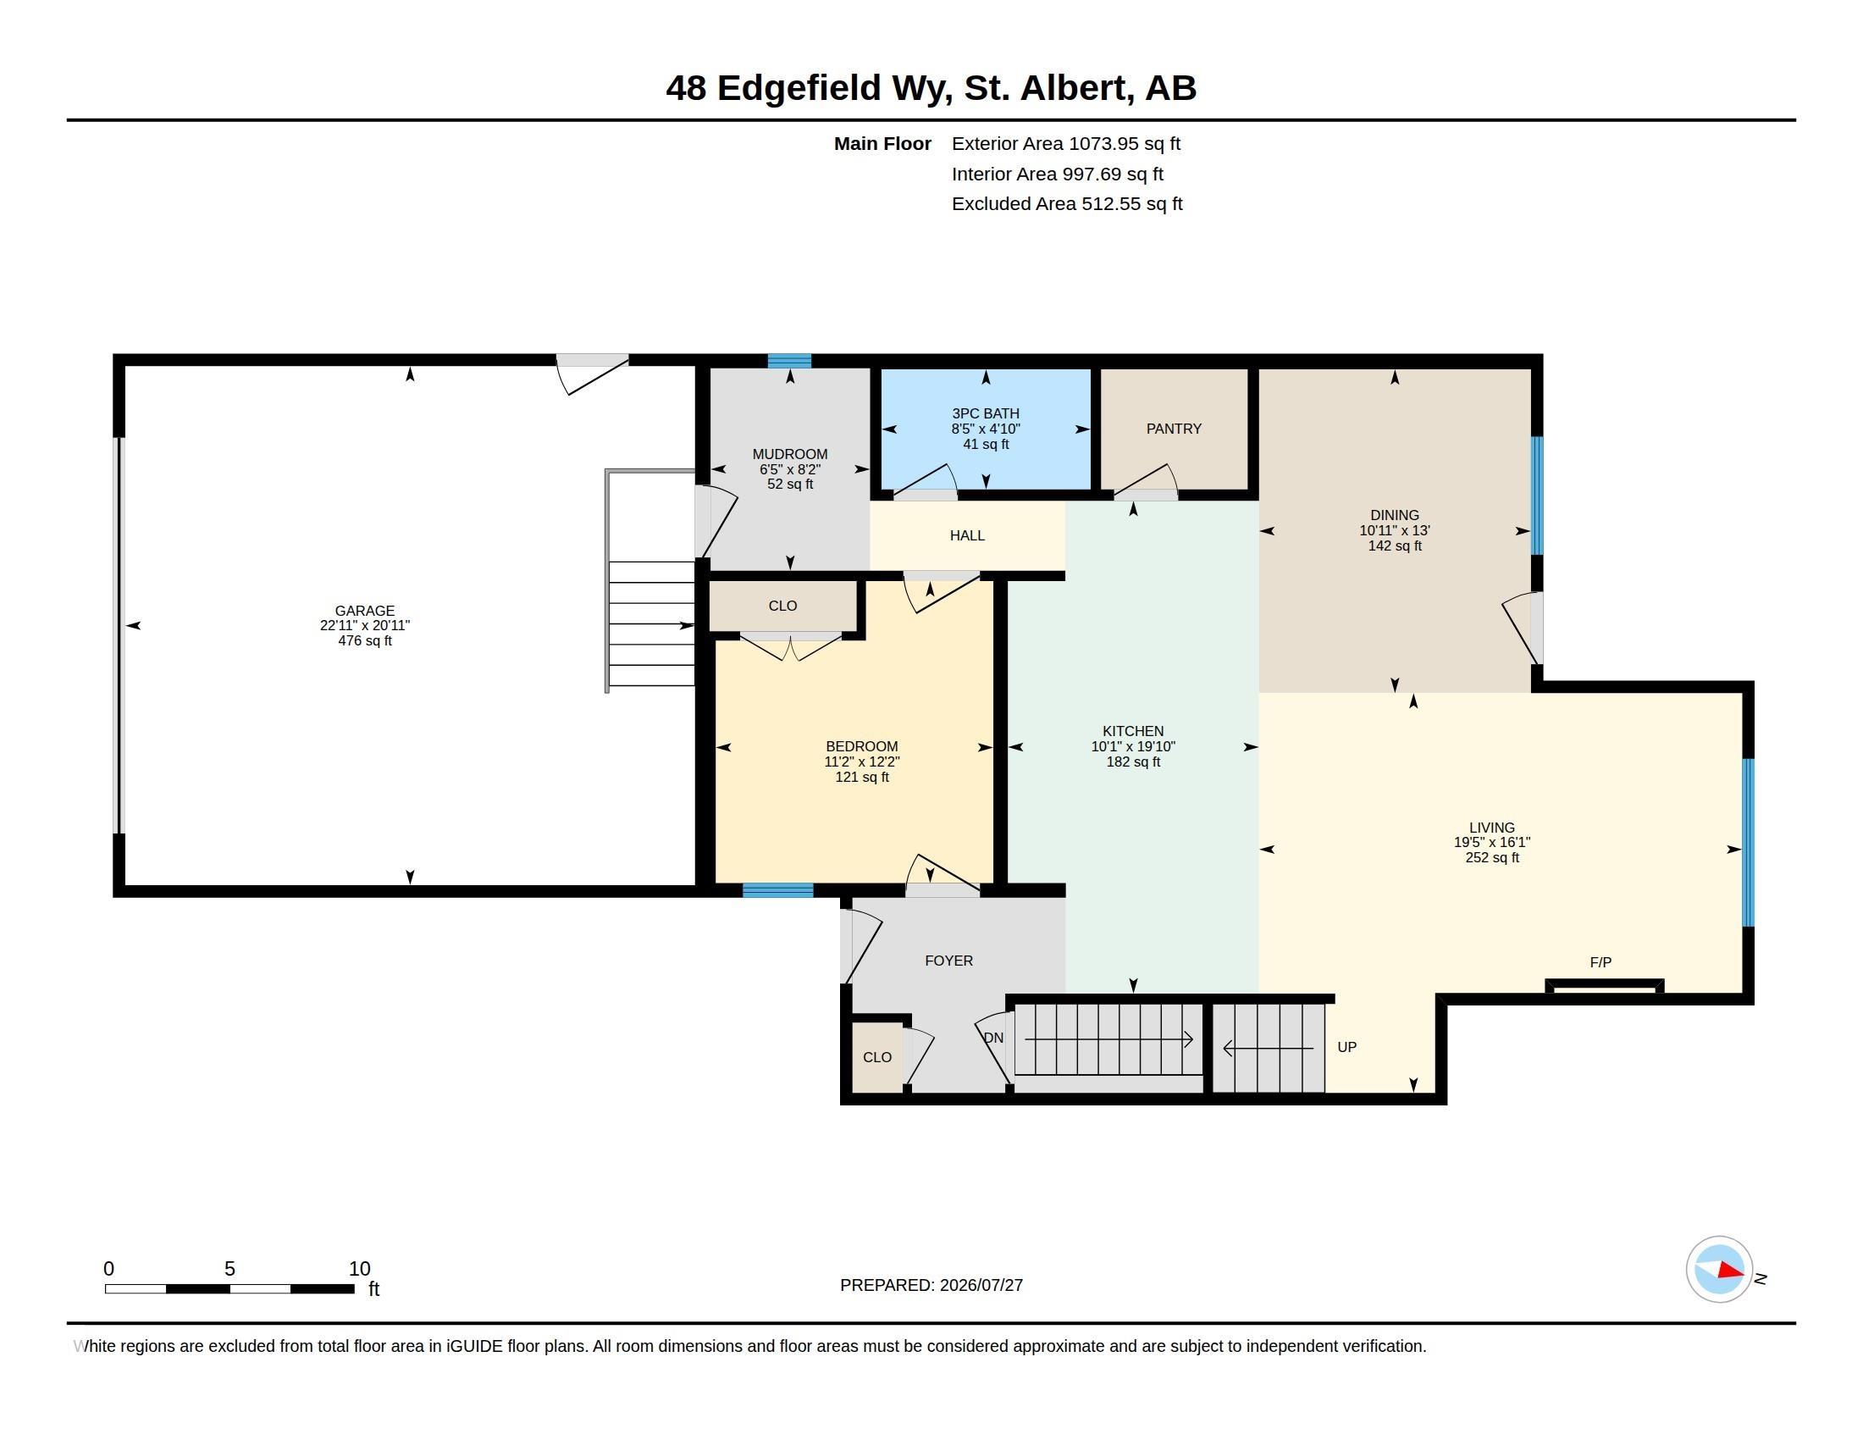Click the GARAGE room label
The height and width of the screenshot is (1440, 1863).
(364, 611)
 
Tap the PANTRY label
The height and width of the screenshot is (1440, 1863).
(1174, 429)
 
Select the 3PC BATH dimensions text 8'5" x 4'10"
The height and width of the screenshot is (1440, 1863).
(986, 429)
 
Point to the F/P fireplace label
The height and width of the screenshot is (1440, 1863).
(1600, 962)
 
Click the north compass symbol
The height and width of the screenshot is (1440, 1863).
(1720, 1270)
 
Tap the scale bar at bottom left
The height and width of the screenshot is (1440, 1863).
(229, 1288)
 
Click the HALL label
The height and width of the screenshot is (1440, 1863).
(967, 535)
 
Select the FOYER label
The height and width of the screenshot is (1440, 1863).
(948, 961)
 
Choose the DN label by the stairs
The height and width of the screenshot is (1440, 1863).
(994, 1038)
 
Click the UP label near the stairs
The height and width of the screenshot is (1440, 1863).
(1347, 1047)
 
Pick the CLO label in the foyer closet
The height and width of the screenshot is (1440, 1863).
(877, 1057)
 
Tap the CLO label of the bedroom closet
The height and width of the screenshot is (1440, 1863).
(782, 606)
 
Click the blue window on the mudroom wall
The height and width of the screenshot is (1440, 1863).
(789, 361)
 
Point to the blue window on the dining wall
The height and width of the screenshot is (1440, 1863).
(1537, 496)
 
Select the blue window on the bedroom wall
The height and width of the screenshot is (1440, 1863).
(778, 890)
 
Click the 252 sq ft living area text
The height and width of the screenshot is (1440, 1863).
(1492, 857)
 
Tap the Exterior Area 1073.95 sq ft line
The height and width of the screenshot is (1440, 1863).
(1065, 143)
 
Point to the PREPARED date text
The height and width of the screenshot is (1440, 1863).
(931, 1285)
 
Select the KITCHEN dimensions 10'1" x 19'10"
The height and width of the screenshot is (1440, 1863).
(1133, 746)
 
